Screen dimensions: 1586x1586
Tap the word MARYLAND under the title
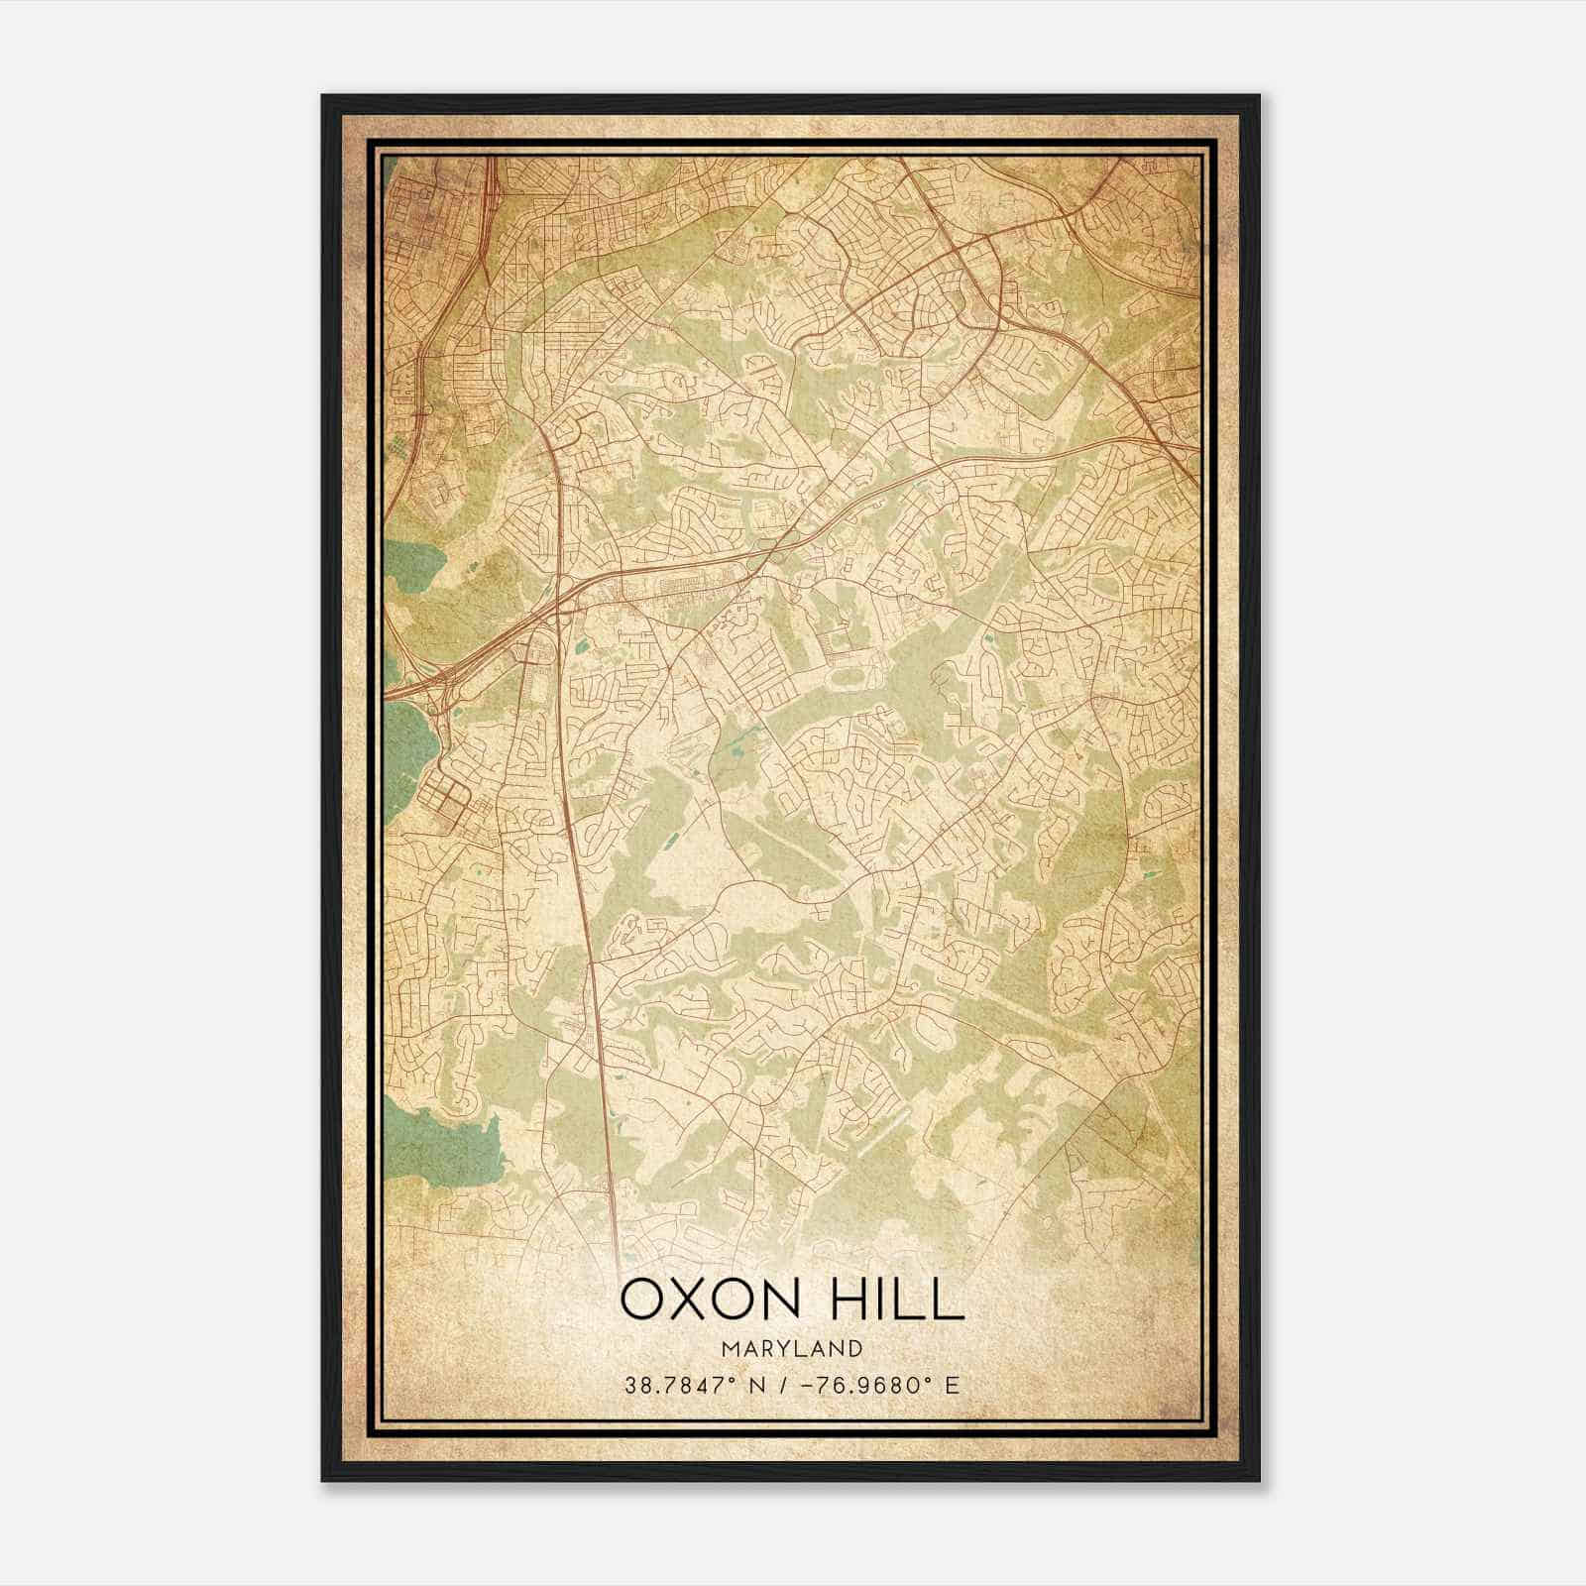792,1349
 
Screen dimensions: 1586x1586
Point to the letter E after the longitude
953,1386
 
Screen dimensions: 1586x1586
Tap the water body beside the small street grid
406,753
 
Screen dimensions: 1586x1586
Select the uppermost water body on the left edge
411,575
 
